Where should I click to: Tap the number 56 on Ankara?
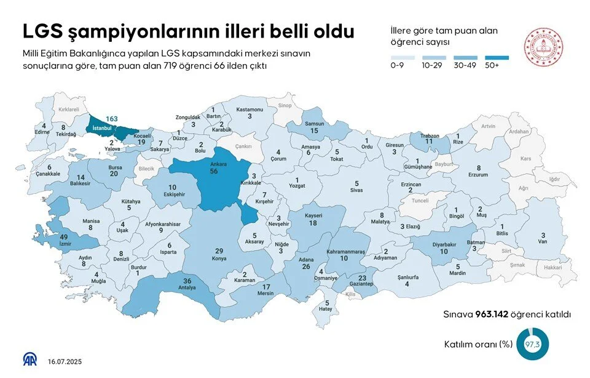pos(214,172)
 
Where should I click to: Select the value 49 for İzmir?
pos(63,237)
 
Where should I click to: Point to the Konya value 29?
pos(218,251)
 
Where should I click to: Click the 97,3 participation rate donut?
pos(532,344)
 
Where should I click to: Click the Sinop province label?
pos(285,105)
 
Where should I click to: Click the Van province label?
pos(542,242)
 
